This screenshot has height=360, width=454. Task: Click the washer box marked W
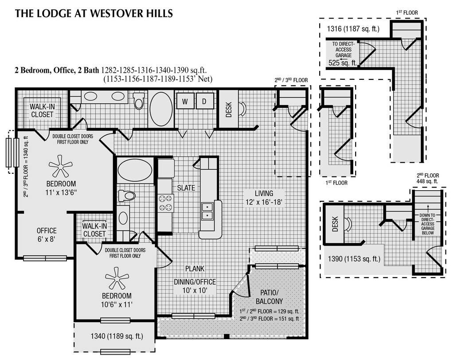click(x=185, y=101)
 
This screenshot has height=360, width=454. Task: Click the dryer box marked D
click(x=204, y=101)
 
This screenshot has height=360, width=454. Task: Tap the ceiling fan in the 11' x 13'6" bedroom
click(x=60, y=166)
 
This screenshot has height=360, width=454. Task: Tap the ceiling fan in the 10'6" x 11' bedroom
click(x=117, y=278)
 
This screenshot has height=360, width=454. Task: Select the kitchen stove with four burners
click(x=166, y=203)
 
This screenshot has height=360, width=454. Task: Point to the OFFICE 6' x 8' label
click(x=46, y=235)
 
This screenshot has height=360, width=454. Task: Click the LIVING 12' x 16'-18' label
click(x=264, y=198)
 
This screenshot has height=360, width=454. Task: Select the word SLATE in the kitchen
click(x=186, y=188)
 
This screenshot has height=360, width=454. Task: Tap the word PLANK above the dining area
click(x=195, y=269)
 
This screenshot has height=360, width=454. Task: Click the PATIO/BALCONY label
click(x=269, y=297)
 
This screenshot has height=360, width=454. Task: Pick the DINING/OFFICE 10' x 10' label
click(x=195, y=286)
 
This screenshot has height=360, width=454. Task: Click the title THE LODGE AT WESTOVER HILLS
click(x=94, y=13)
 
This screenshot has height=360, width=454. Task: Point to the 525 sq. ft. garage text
click(x=343, y=63)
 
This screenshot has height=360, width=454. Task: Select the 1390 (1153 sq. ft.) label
click(x=354, y=258)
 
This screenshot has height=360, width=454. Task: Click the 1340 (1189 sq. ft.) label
click(x=117, y=336)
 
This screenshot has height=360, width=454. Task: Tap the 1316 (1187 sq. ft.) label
click(x=353, y=29)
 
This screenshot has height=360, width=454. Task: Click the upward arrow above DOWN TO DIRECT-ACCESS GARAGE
click(x=428, y=208)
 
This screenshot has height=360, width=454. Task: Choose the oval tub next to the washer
click(x=161, y=109)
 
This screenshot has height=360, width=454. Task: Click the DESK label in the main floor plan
click(x=228, y=109)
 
